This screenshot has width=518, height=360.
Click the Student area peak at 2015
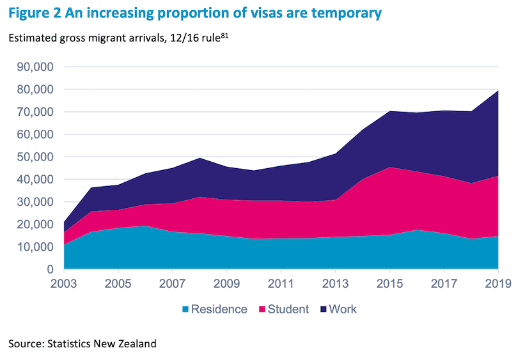click(390, 168)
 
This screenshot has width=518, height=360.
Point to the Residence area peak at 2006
click(146, 226)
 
